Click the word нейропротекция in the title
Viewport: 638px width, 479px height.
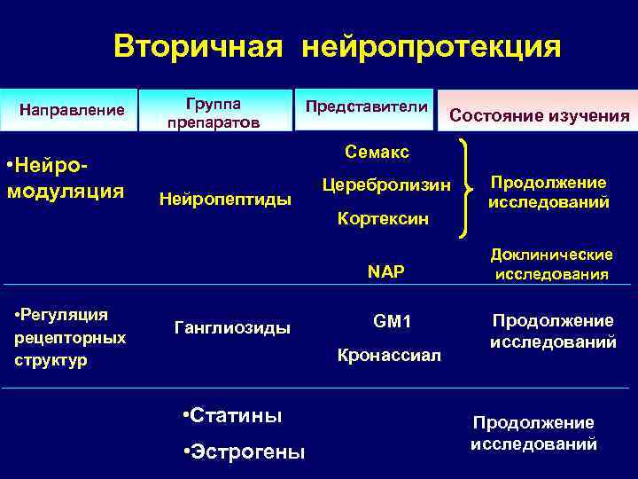click(432, 47)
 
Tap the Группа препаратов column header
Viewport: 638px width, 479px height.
click(214, 111)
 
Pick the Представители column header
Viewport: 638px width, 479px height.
click(365, 106)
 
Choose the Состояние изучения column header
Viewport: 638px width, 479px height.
click(540, 115)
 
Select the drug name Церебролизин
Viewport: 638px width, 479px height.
click(386, 185)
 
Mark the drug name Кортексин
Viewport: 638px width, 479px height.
click(383, 217)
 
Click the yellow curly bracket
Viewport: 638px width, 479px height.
click(463, 185)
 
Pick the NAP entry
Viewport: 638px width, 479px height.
click(386, 271)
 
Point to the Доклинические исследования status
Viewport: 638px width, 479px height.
click(551, 263)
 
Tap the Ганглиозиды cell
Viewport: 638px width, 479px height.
click(233, 328)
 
